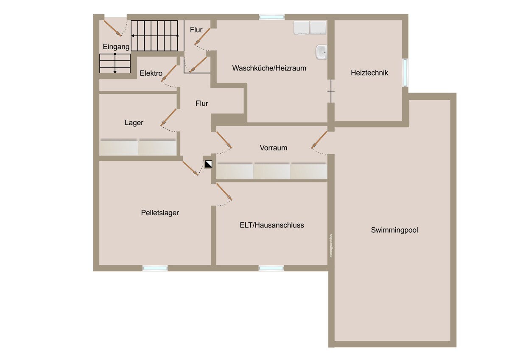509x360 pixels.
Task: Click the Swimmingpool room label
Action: point(394,230)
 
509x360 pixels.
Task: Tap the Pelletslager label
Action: point(160,213)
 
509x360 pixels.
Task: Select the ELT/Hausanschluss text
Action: point(272,225)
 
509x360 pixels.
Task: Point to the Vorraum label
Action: point(273,148)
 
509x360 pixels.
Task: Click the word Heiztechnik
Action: point(369,73)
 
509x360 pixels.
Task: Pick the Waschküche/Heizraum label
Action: point(269,68)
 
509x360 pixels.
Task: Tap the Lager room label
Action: point(134,123)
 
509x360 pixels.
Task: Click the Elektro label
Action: point(151,73)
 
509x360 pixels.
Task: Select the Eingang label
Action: point(116,47)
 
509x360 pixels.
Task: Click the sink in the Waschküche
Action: point(322,52)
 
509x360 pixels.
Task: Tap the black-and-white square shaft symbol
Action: point(208,164)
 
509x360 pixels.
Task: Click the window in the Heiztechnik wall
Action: point(405,73)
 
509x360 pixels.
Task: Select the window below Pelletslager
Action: point(155,268)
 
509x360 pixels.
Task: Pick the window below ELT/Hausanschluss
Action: point(271,268)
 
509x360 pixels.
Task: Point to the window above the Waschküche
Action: point(272,17)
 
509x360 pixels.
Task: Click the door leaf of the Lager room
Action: point(168,117)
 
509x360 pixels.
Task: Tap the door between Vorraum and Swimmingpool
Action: point(319,140)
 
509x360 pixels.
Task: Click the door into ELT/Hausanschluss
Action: point(224,192)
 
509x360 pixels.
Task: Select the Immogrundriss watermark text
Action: point(331,246)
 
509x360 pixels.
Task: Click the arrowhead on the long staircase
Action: point(133,36)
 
